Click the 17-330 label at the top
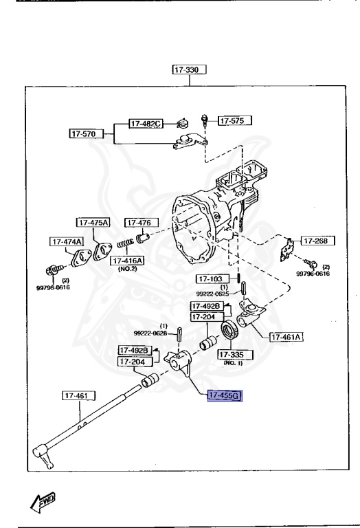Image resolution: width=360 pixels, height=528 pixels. point(190,69)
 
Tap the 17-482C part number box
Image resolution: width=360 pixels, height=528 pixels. point(146,124)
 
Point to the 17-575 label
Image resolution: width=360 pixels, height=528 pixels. point(234,120)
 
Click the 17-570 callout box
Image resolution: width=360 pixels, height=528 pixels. point(85,133)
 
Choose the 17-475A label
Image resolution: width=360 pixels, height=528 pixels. point(93,222)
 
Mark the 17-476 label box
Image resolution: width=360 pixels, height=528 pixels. point(142,222)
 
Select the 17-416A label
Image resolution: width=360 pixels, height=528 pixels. point(126,261)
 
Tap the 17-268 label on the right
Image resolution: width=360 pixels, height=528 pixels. point(317,241)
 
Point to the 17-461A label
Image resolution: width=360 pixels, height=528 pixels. point(286,337)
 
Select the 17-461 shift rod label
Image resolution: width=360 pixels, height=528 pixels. point(79,395)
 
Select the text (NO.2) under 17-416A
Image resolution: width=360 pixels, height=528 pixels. point(126,269)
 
